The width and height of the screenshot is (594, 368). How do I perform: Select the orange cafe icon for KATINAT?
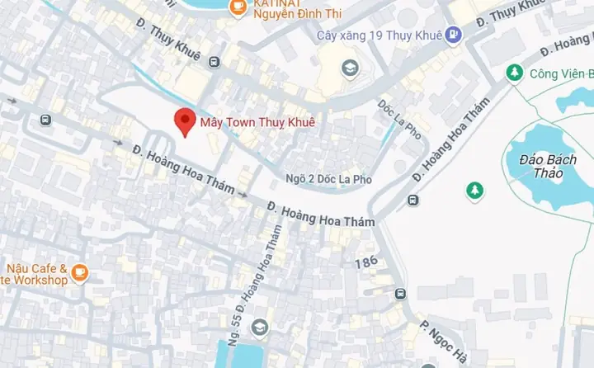coord(238,6)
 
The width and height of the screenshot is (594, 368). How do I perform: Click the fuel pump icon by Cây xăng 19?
coord(453,35)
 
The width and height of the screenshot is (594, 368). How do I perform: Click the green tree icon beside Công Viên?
coord(515,73)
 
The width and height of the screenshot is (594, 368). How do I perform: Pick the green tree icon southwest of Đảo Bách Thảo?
coord(474,191)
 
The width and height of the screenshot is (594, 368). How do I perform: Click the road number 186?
coord(366,263)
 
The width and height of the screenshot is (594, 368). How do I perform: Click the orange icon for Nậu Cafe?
coord(79,271)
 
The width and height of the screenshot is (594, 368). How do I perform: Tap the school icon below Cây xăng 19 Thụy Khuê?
coord(350,68)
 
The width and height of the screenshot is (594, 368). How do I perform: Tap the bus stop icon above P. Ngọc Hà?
coord(400,294)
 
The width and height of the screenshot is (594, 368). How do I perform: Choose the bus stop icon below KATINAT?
coord(214,62)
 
